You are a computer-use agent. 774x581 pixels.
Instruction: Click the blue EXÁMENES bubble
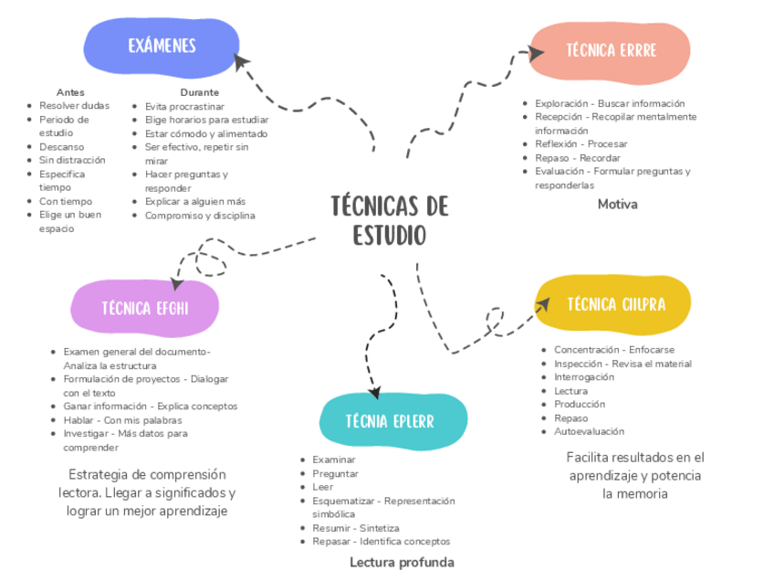coord(162,47)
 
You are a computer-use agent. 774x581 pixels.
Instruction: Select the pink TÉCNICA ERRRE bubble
coord(611,51)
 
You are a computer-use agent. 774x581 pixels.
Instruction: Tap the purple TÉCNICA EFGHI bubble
coord(145,307)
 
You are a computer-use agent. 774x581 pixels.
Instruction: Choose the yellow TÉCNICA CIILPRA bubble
coord(615,304)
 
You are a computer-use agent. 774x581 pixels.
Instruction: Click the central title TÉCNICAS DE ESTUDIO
coord(389,221)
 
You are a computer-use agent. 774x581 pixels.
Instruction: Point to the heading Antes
coord(70,92)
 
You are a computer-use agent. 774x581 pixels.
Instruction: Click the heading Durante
coord(199,92)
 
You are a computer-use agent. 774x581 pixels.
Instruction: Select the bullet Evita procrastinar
coord(184,106)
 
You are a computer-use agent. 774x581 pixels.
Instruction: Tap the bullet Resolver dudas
coord(74,106)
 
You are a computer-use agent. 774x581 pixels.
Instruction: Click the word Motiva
coord(617,204)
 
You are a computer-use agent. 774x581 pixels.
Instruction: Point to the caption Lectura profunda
coord(402,562)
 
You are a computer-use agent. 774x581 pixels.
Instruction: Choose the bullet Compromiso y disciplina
coord(200,216)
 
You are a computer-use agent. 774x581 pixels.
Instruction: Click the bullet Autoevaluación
coord(589,431)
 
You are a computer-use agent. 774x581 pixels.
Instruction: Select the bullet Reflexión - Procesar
coord(580,144)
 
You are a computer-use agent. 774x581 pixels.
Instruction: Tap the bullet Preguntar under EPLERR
coord(335,473)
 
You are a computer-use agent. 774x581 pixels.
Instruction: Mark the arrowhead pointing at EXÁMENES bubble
coord(242,62)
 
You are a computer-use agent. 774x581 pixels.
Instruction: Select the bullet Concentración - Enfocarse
coord(613,350)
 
